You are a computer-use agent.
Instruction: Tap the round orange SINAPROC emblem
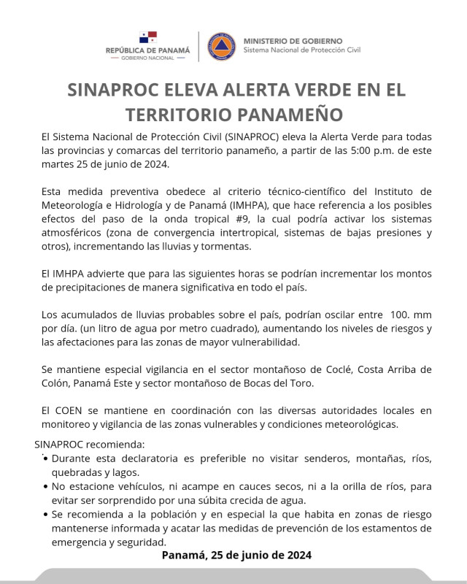221,45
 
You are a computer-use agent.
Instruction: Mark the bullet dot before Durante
47,458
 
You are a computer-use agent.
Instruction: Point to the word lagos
136,472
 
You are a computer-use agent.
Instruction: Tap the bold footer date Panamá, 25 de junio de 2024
236,556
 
